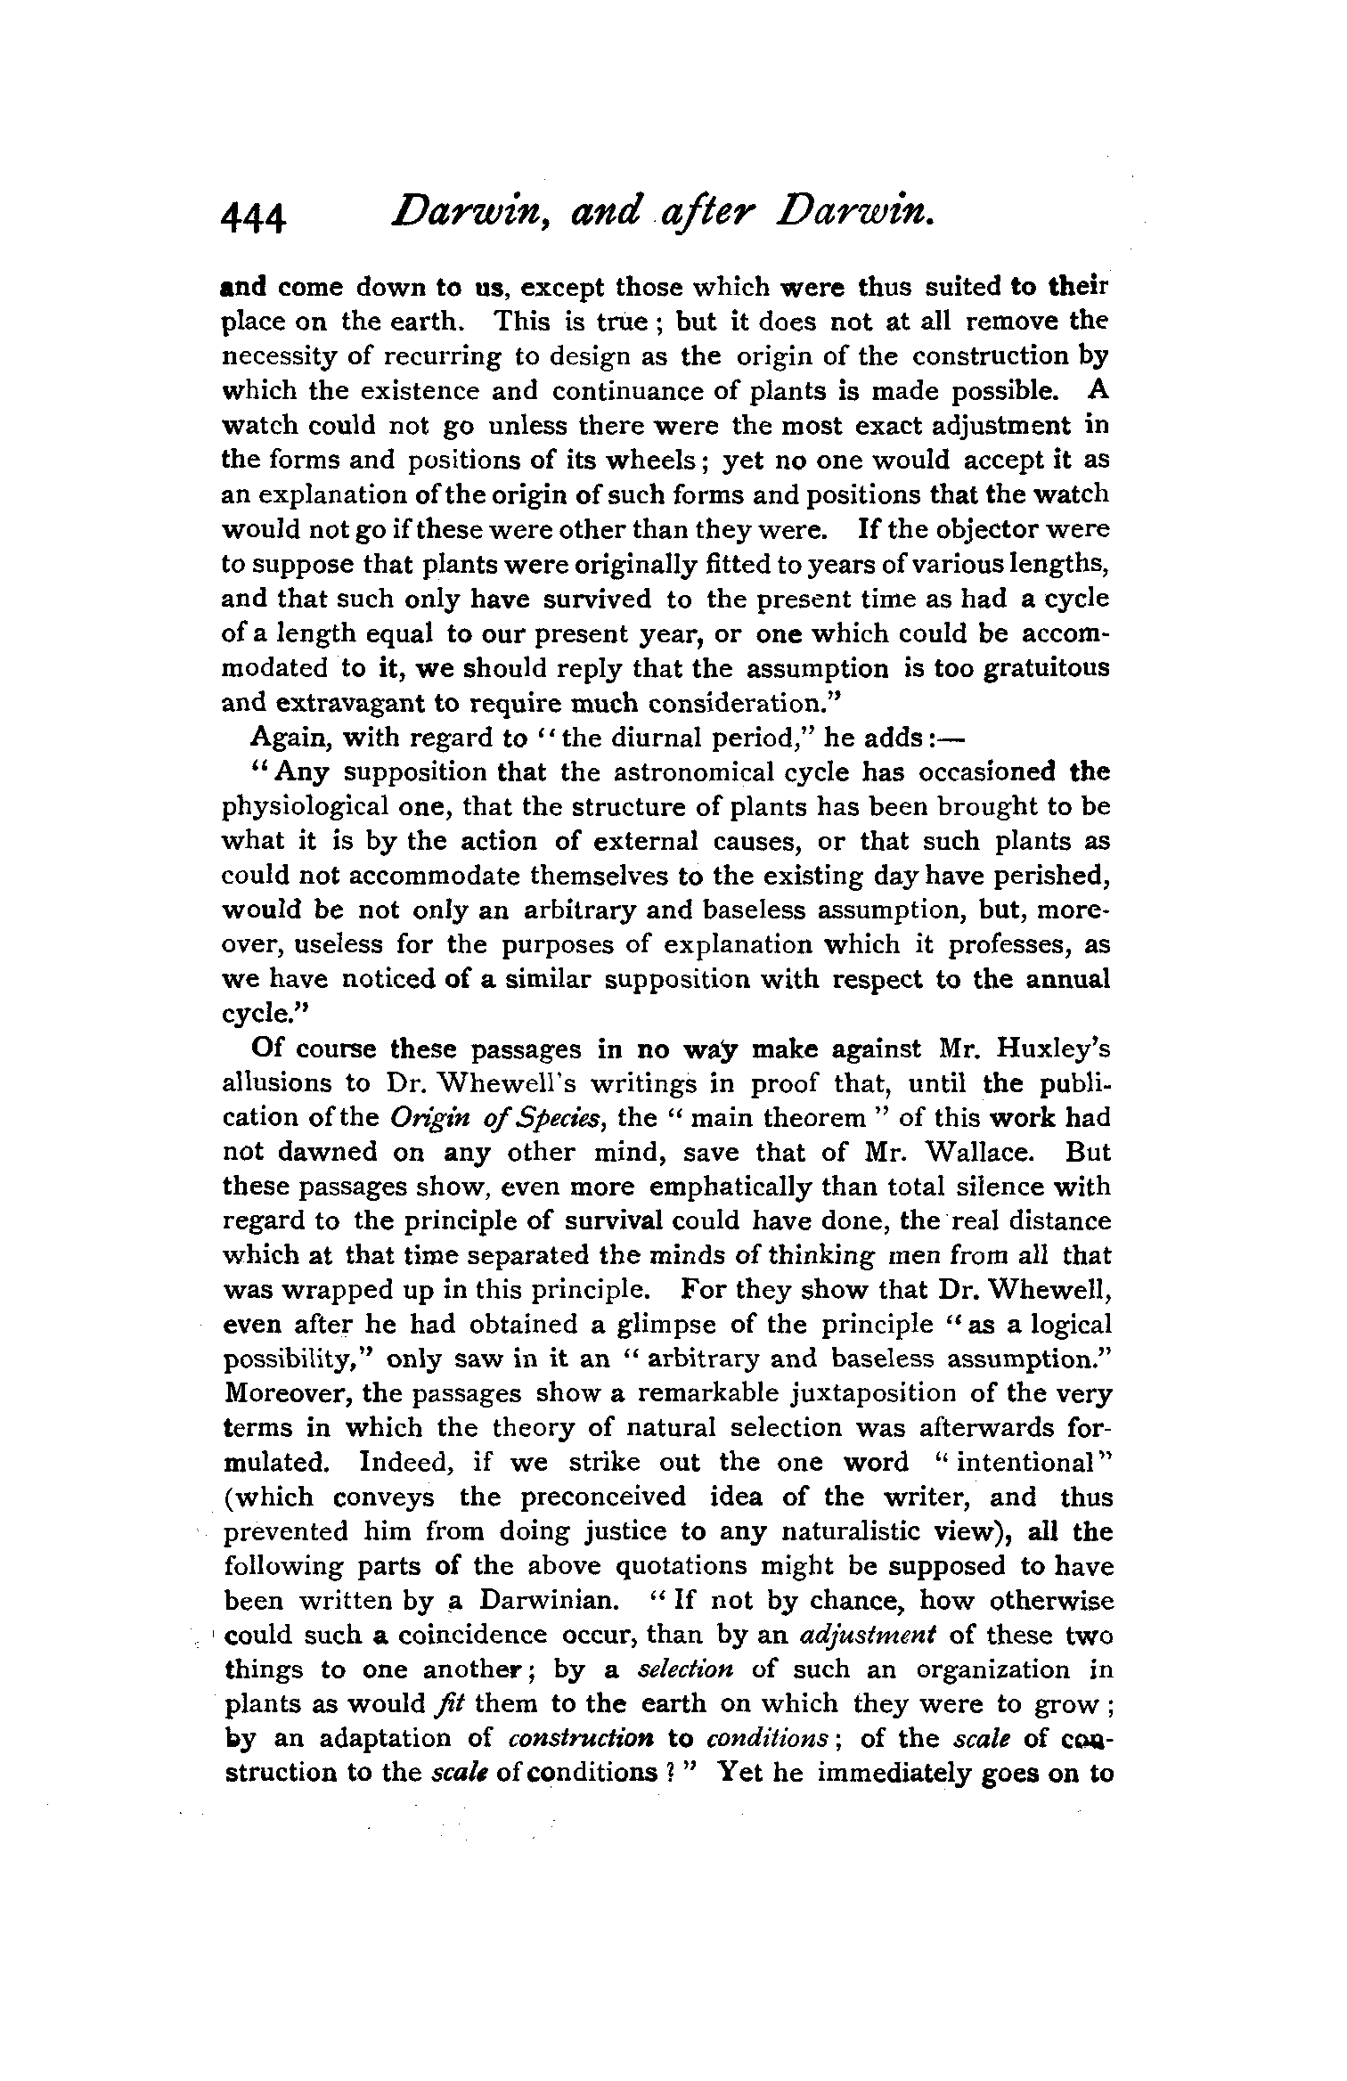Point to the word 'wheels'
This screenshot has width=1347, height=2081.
(651, 461)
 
